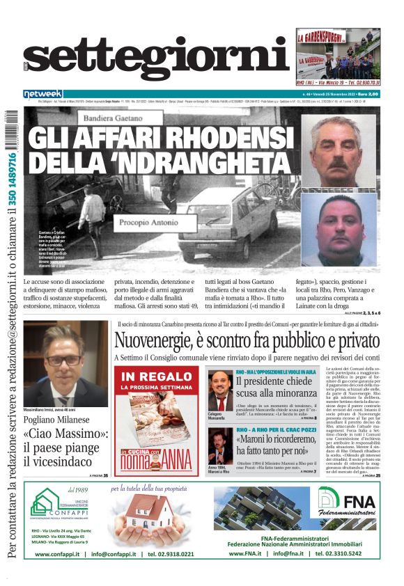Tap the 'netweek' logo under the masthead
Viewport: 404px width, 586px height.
(42, 93)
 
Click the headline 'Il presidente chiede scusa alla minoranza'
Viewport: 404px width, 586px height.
(277, 388)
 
